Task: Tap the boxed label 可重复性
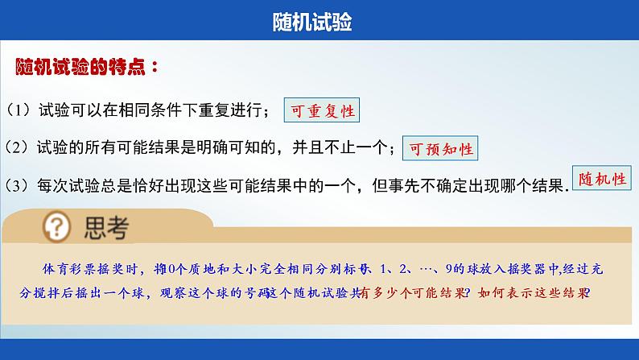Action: [x=323, y=111]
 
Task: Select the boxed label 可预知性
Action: [x=439, y=148]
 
